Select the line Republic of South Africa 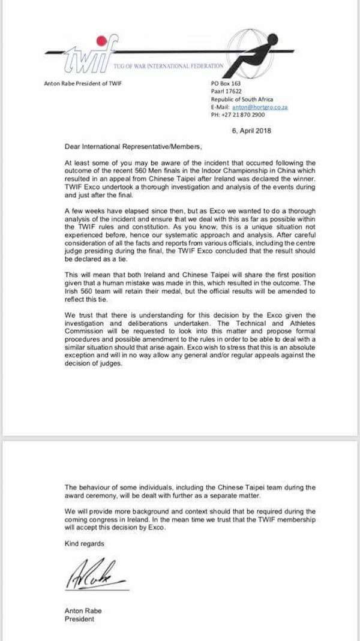tap(241, 99)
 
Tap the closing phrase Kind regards tap(85, 544)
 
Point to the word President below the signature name tap(79, 619)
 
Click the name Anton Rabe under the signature tap(83, 611)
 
